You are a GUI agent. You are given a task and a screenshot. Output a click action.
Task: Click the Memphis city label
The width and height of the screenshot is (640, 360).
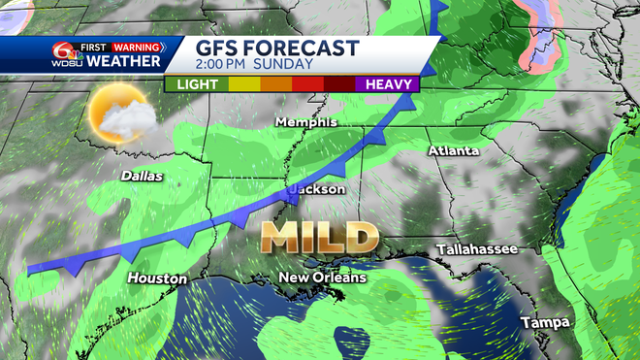point(305,122)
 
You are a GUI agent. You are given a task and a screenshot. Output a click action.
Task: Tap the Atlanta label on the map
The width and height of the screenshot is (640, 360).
point(454,151)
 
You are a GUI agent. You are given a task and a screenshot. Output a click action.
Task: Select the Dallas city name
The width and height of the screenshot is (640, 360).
point(143,177)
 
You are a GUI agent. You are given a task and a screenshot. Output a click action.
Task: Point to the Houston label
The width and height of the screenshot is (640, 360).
point(157,278)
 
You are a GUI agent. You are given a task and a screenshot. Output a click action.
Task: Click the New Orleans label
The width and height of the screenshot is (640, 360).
point(323,278)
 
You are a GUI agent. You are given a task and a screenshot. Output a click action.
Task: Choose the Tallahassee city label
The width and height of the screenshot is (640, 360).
point(476,249)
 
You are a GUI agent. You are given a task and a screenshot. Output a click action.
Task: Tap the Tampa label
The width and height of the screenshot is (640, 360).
point(543,322)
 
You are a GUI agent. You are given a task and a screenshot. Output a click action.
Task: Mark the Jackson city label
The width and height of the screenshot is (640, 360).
point(317,189)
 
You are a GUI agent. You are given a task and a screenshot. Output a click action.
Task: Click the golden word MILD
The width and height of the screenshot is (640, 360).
point(318,236)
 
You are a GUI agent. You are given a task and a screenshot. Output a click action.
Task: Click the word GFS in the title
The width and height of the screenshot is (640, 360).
point(216,49)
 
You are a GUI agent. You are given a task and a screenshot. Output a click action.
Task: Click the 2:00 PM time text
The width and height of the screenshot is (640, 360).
point(222,65)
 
